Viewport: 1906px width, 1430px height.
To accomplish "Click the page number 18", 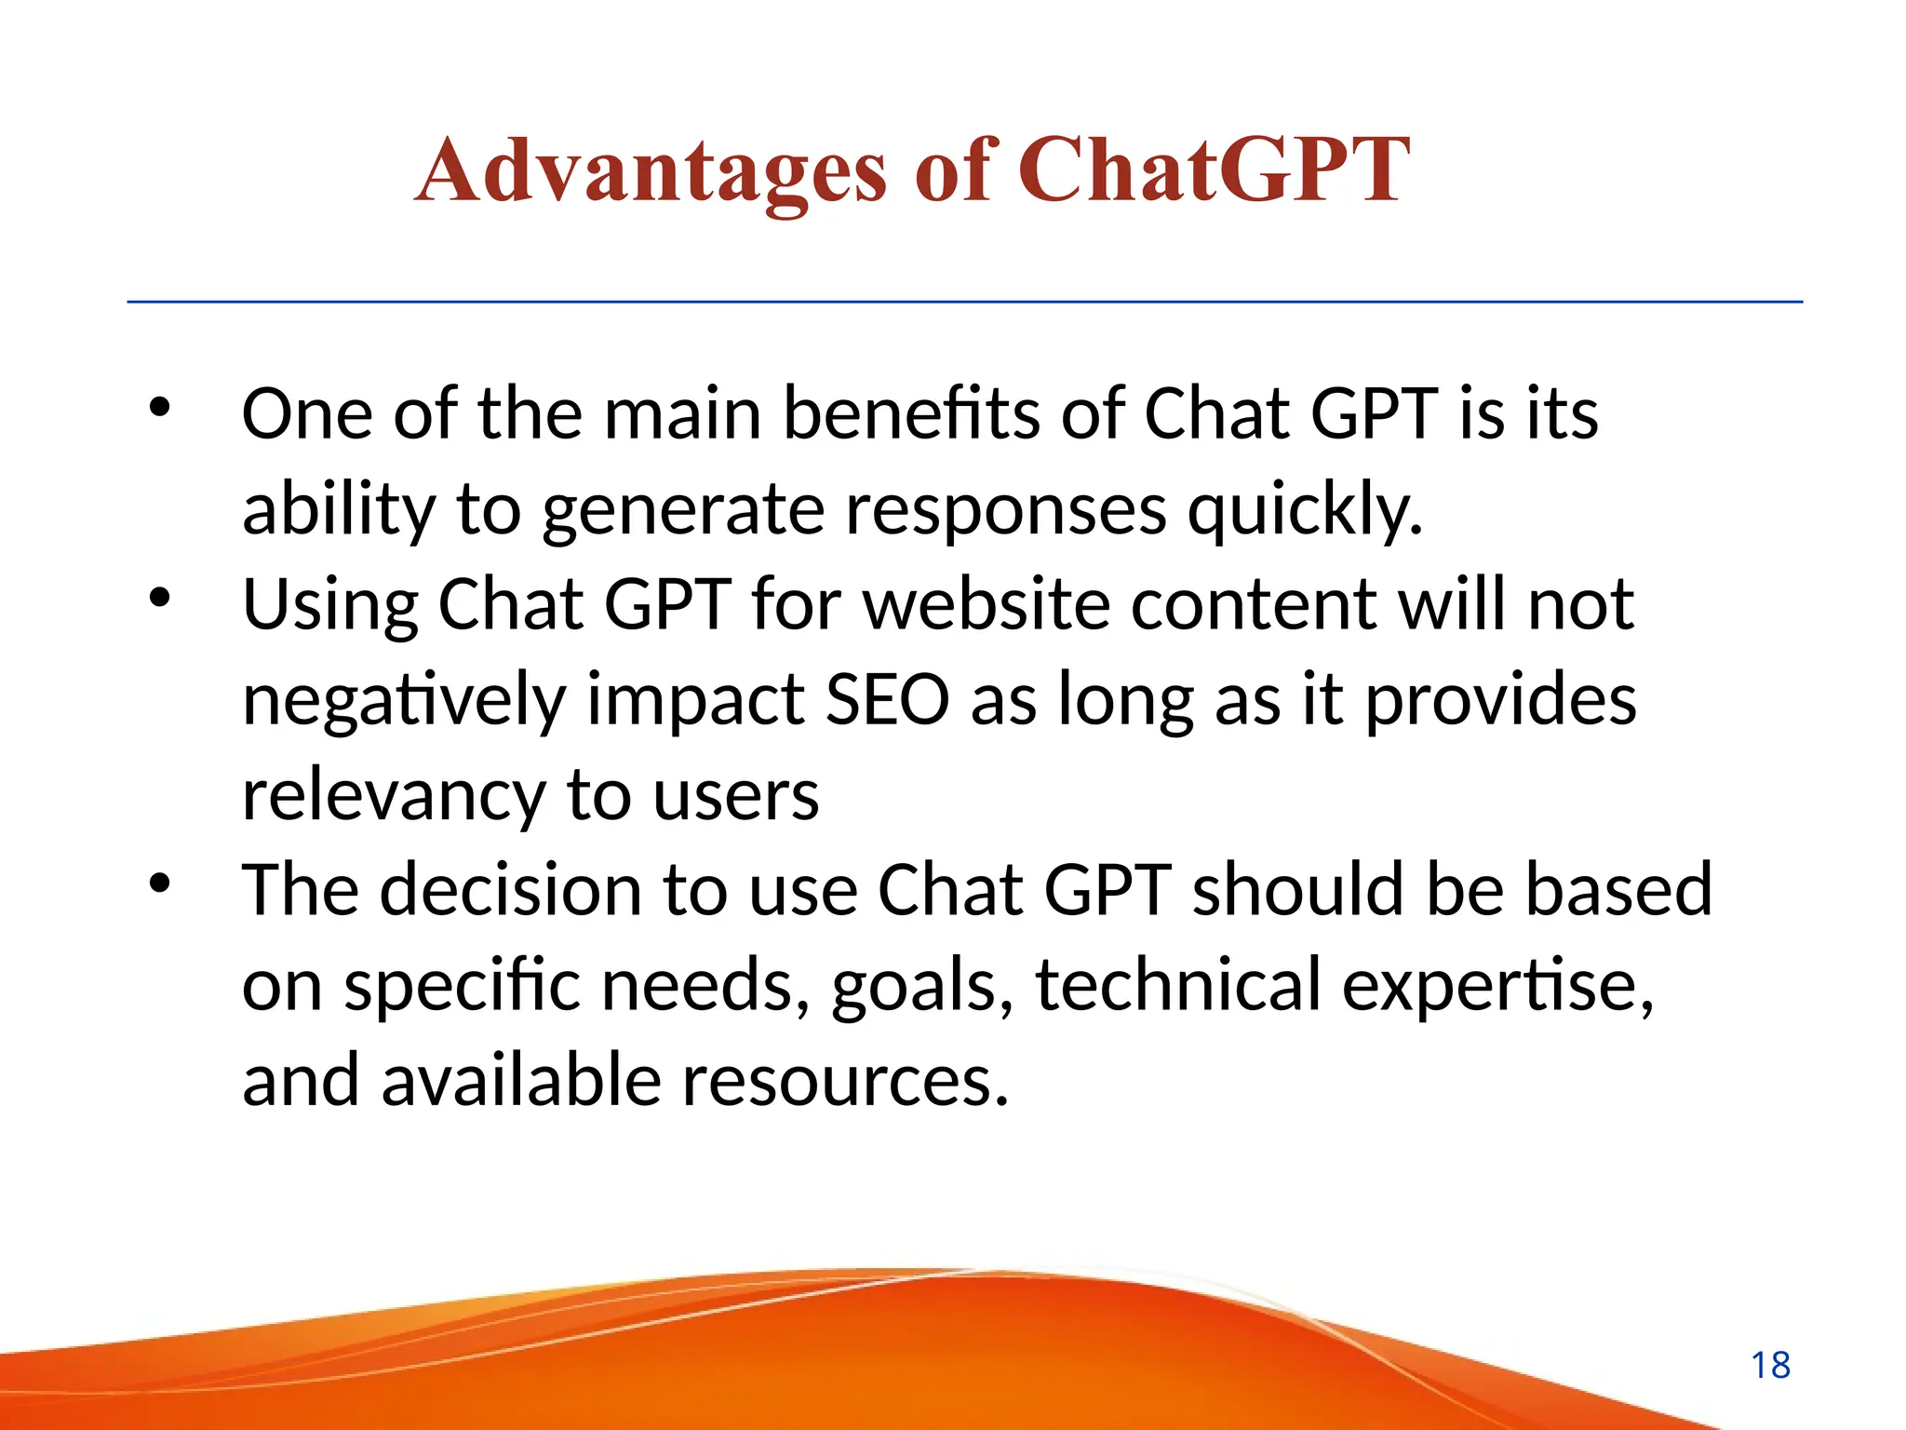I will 1770,1366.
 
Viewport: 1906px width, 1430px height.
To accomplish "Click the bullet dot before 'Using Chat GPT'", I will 160,598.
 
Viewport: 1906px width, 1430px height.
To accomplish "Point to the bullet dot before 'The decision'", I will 160,884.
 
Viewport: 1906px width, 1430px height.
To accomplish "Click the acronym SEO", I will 887,700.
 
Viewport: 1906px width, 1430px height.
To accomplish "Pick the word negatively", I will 404,702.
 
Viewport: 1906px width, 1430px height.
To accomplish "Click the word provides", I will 1500,702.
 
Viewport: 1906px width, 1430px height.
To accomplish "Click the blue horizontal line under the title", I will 964,302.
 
